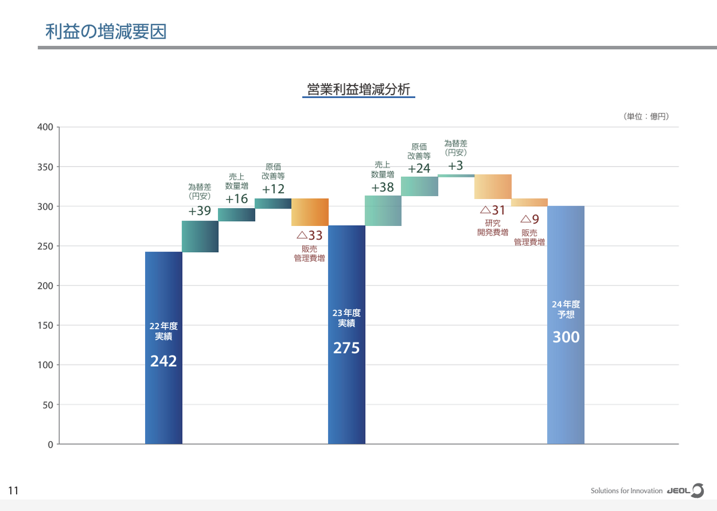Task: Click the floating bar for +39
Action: point(200,237)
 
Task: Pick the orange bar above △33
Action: point(310,212)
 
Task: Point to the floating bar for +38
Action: point(383,211)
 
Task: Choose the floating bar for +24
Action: point(419,186)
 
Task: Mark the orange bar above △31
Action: point(493,186)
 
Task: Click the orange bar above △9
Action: point(529,202)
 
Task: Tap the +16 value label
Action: point(237,199)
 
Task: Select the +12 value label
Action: point(274,189)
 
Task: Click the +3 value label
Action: point(456,166)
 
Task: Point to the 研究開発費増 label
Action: point(493,228)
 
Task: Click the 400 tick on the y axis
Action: point(45,127)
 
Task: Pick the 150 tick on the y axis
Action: point(45,325)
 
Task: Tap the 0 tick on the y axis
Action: point(50,444)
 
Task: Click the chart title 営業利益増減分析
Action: point(358,90)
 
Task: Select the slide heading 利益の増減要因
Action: point(106,31)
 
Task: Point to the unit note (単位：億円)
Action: point(646,117)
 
